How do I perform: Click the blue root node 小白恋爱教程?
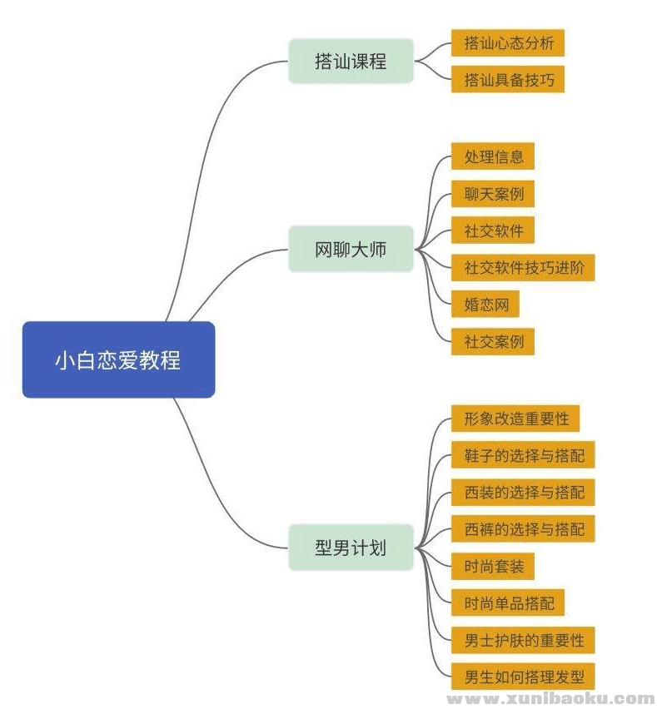click(118, 359)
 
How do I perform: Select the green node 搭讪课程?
click(351, 61)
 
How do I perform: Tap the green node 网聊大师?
click(351, 249)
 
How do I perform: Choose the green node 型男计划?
click(351, 548)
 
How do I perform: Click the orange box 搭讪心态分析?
click(508, 43)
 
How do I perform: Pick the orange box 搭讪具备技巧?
click(508, 80)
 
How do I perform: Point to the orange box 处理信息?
click(493, 156)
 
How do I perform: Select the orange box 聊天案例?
click(493, 194)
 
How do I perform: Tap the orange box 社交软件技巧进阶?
click(523, 267)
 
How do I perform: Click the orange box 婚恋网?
click(485, 304)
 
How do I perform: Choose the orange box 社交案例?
click(493, 341)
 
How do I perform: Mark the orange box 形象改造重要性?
click(515, 418)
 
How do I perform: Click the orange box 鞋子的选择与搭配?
click(523, 455)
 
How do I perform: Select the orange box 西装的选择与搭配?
click(523, 492)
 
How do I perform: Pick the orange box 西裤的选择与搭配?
click(523, 528)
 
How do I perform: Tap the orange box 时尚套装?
click(493, 566)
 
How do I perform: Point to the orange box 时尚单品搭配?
click(508, 602)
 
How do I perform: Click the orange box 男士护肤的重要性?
click(523, 640)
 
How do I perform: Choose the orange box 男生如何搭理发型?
click(523, 677)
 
